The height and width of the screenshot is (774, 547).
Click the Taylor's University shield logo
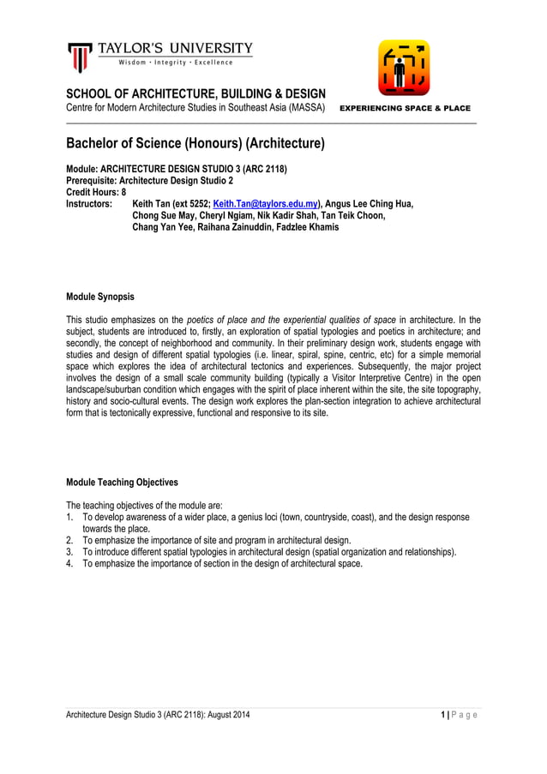(80, 56)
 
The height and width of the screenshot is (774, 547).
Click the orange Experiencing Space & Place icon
(404, 68)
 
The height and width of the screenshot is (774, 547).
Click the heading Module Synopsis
(100, 297)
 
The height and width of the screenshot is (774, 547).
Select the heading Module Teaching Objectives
(122, 483)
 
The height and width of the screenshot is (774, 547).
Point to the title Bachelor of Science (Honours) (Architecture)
(195, 144)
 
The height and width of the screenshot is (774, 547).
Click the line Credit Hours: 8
(96, 193)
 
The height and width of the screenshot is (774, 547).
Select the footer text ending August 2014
(159, 715)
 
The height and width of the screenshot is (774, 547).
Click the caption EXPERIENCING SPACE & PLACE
(406, 109)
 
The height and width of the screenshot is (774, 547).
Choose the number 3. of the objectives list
(70, 552)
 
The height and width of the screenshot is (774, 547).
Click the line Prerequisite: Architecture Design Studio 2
(149, 182)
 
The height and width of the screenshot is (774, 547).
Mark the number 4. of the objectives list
(70, 564)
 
